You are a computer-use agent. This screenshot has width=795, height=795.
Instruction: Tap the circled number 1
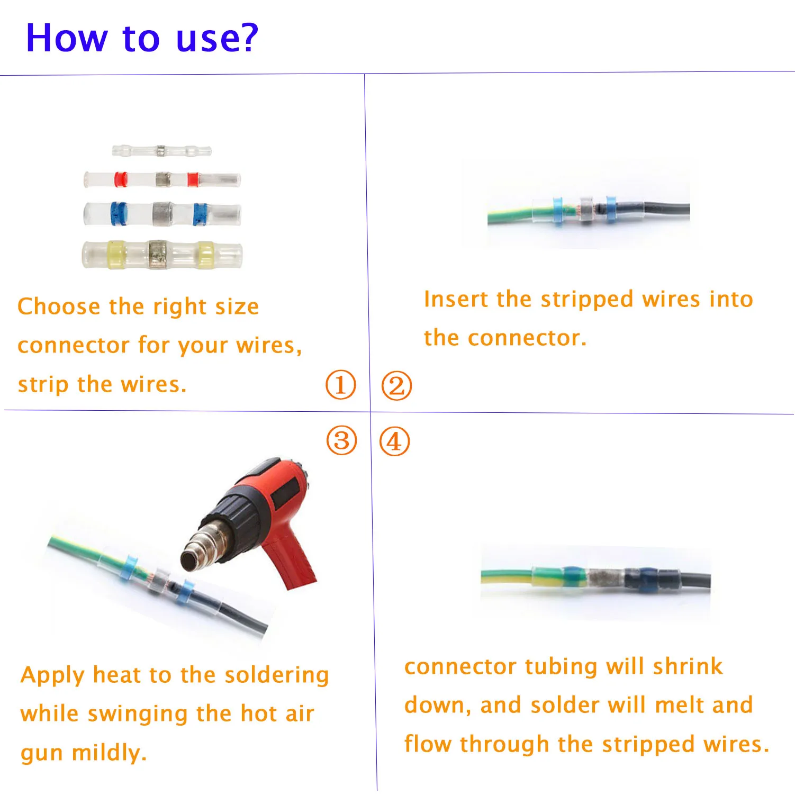click(x=340, y=384)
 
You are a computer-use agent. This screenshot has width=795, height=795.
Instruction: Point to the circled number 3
click(x=342, y=440)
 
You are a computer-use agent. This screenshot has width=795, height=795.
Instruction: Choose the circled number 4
click(x=395, y=441)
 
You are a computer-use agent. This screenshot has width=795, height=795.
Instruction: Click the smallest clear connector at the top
click(x=161, y=150)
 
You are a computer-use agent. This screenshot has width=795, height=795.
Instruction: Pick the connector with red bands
click(x=162, y=179)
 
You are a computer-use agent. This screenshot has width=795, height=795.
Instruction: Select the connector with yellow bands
click(x=162, y=255)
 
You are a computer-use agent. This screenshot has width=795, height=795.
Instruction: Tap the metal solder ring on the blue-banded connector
click(x=162, y=214)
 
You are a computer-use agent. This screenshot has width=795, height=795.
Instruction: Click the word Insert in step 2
click(x=457, y=299)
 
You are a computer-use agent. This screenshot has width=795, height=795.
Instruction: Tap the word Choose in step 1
click(x=59, y=306)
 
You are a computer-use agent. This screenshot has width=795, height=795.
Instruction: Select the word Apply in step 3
click(x=53, y=676)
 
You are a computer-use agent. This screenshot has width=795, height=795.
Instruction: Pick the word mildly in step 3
click(x=110, y=753)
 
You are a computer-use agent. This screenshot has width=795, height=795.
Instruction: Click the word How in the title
click(x=67, y=38)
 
